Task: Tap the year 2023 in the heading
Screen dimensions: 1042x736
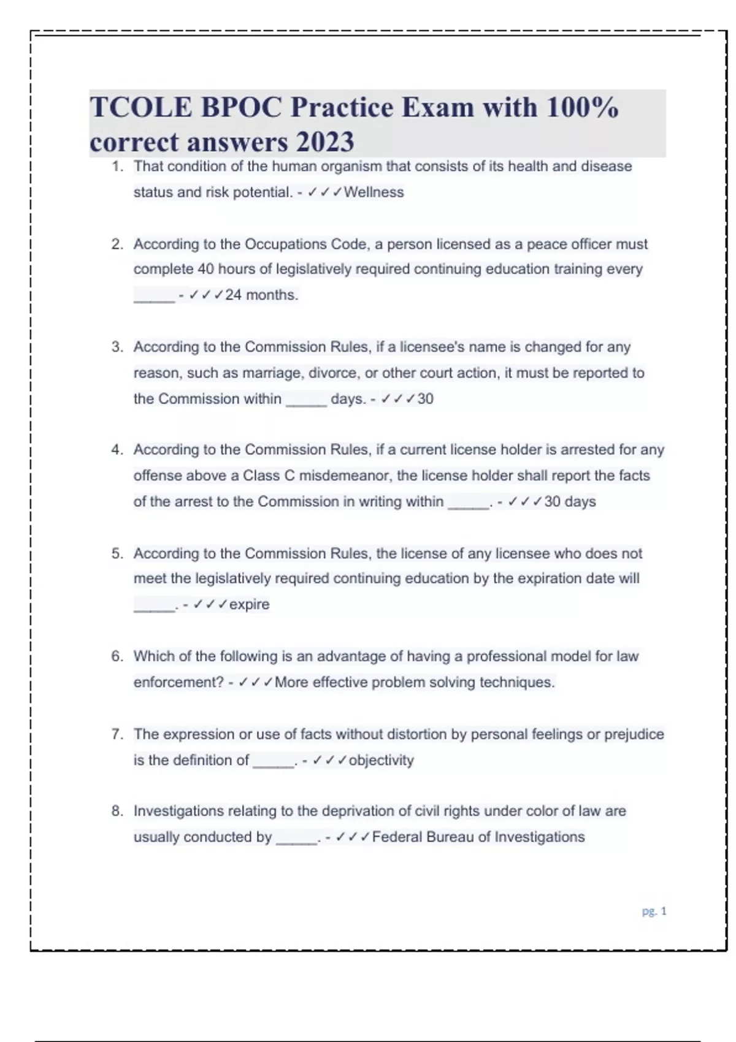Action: (325, 143)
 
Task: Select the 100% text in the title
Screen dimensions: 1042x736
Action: (582, 108)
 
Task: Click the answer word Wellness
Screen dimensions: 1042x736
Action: (374, 192)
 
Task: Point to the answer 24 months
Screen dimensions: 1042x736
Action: (261, 295)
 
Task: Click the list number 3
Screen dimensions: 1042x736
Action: (117, 347)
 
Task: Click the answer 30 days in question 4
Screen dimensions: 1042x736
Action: (570, 501)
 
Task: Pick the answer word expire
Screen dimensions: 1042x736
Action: (249, 604)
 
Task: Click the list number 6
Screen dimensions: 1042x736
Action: (117, 656)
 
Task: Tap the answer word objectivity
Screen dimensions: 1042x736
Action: (381, 760)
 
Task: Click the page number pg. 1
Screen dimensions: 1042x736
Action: (654, 911)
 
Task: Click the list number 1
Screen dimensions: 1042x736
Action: (117, 166)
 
